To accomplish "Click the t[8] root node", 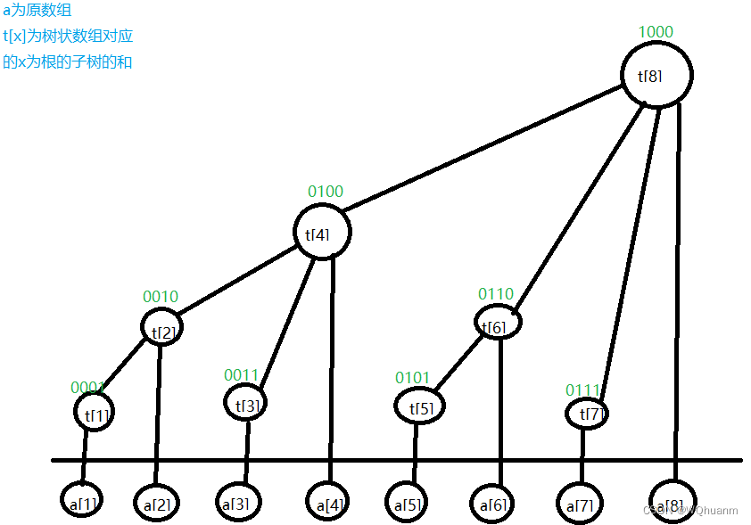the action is pyautogui.click(x=656, y=76).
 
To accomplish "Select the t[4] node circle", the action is pyautogui.click(x=322, y=233).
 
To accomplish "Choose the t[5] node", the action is pyautogui.click(x=419, y=406).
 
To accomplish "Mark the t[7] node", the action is pyautogui.click(x=589, y=414).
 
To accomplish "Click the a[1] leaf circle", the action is pyautogui.click(x=81, y=501).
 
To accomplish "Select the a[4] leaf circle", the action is pyautogui.click(x=329, y=503).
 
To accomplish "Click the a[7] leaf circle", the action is pyautogui.click(x=580, y=503).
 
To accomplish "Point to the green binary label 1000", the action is pyautogui.click(x=656, y=32).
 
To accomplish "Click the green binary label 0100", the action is pyautogui.click(x=325, y=192).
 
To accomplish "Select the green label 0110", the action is pyautogui.click(x=495, y=293).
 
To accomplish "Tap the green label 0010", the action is pyautogui.click(x=161, y=297).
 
